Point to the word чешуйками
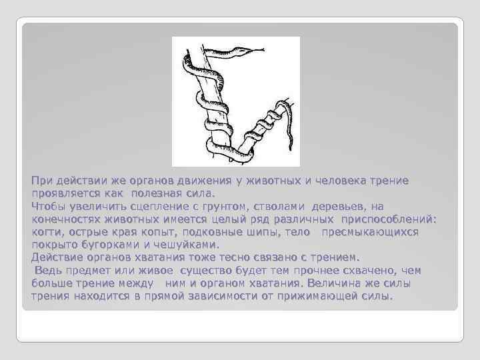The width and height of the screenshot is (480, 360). click(183, 245)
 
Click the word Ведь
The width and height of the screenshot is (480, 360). click(49, 270)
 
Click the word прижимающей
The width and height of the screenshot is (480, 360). click(317, 295)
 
